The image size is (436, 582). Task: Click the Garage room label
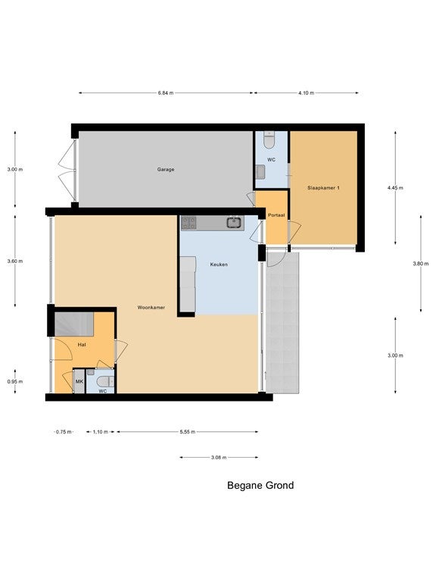(x=165, y=169)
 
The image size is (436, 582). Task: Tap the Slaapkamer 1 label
(x=323, y=188)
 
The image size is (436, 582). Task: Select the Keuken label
(x=219, y=264)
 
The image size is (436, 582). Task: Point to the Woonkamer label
(x=151, y=308)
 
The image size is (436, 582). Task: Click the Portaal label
(x=276, y=215)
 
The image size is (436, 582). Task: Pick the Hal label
(x=82, y=345)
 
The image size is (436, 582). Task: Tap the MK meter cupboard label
(x=79, y=382)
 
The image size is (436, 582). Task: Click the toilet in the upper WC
(x=269, y=140)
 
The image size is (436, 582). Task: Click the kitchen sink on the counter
(x=235, y=223)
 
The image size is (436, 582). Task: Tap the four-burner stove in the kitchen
(x=188, y=223)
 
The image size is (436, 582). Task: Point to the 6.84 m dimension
(x=165, y=92)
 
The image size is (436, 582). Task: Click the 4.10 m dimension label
(x=306, y=92)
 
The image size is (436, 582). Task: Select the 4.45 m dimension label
(x=395, y=188)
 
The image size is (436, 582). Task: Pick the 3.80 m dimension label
(x=420, y=264)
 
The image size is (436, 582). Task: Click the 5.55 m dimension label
(x=187, y=432)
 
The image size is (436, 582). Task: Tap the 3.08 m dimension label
(x=219, y=457)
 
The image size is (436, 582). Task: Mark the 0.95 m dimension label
(x=15, y=381)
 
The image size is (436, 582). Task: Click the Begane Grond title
(x=260, y=486)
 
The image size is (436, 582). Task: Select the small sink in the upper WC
(x=260, y=171)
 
